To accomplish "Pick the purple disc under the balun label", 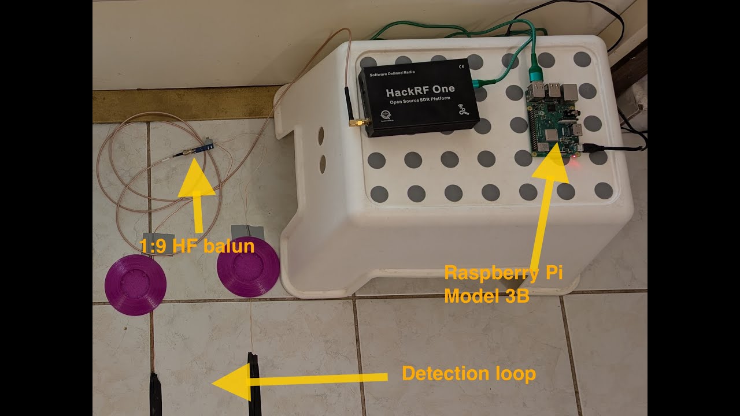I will tap(135, 285).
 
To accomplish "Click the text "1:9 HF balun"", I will tap(197, 247).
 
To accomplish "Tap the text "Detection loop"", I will tap(469, 374).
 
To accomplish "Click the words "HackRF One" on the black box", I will tap(420, 90).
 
